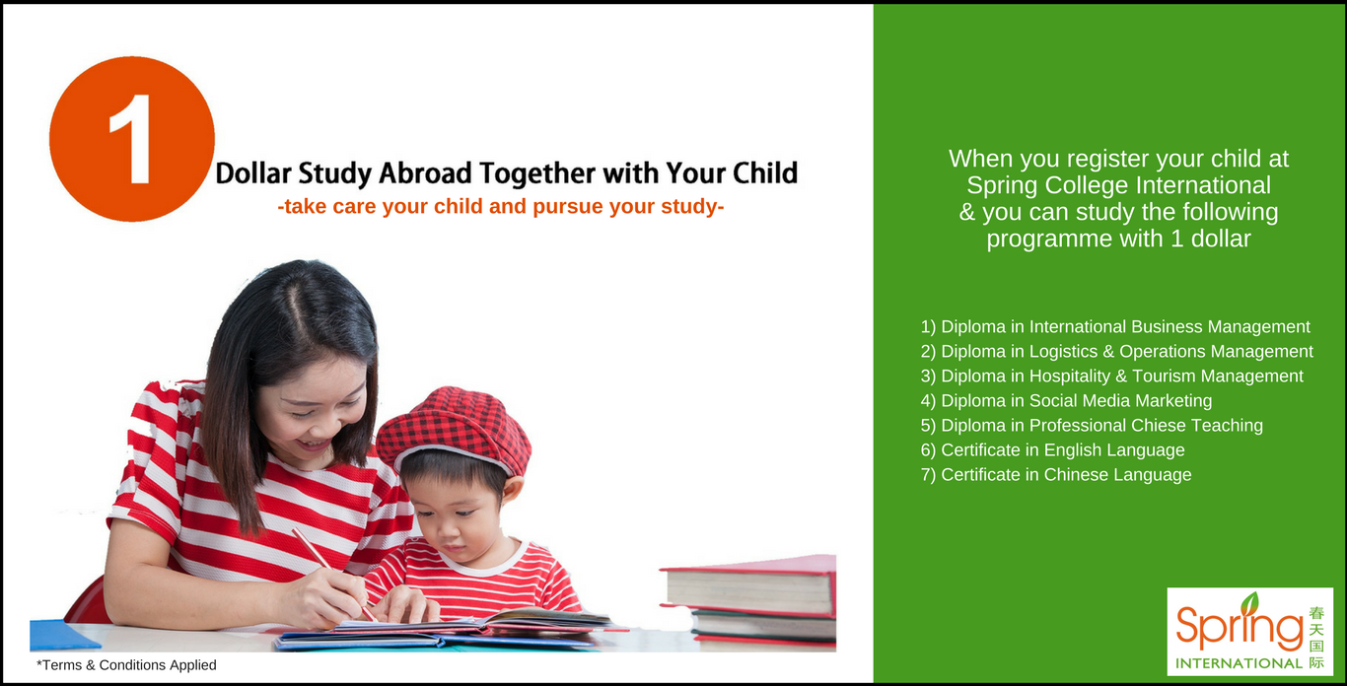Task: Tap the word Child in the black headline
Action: pos(765,173)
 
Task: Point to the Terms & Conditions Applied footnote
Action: pos(126,665)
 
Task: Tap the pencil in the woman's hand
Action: pos(333,575)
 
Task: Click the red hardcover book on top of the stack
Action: pos(748,583)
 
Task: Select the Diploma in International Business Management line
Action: pos(1115,327)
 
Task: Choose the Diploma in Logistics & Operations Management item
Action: pos(1116,352)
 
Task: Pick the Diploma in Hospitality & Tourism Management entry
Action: pos(1112,377)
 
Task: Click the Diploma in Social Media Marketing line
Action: pos(1066,401)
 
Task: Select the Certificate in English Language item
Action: pos(1052,450)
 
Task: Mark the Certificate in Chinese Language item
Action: pos(1056,475)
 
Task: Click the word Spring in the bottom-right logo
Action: pos(1240,628)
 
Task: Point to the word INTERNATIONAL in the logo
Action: pos(1239,663)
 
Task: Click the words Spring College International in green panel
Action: pos(1118,185)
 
